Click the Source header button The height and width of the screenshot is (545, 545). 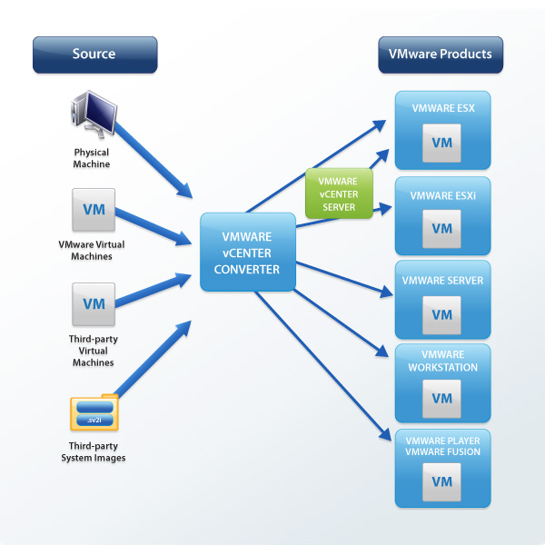click(x=94, y=54)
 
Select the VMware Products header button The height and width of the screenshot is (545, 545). click(x=440, y=54)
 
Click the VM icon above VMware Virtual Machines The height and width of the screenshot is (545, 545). click(x=94, y=210)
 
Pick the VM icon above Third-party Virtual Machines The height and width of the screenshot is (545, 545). click(x=94, y=304)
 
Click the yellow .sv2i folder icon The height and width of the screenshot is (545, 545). click(x=94, y=413)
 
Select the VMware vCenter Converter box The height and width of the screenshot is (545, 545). click(x=248, y=252)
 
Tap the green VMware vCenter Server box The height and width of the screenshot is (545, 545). click(x=338, y=193)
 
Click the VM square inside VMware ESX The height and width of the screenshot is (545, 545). click(x=441, y=143)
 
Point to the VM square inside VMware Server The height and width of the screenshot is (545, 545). click(x=441, y=314)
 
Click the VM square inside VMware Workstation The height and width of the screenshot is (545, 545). click(x=441, y=399)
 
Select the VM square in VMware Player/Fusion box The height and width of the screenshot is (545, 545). click(x=441, y=481)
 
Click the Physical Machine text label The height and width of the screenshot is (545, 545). click(x=92, y=158)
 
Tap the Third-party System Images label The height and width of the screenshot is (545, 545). click(x=97, y=451)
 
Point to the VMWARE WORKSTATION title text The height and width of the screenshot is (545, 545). click(x=441, y=360)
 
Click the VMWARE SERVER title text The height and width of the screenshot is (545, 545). click(x=441, y=281)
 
